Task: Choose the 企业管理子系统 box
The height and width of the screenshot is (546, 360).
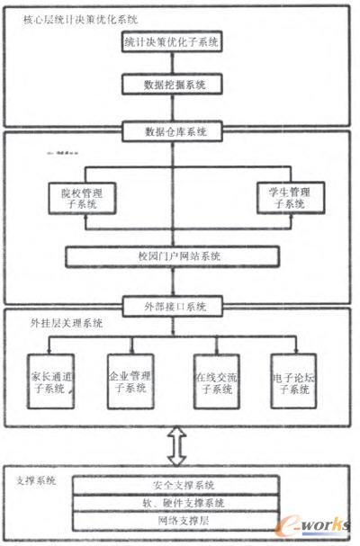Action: coord(131,382)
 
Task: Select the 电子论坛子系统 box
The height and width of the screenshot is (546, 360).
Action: coord(295,382)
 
